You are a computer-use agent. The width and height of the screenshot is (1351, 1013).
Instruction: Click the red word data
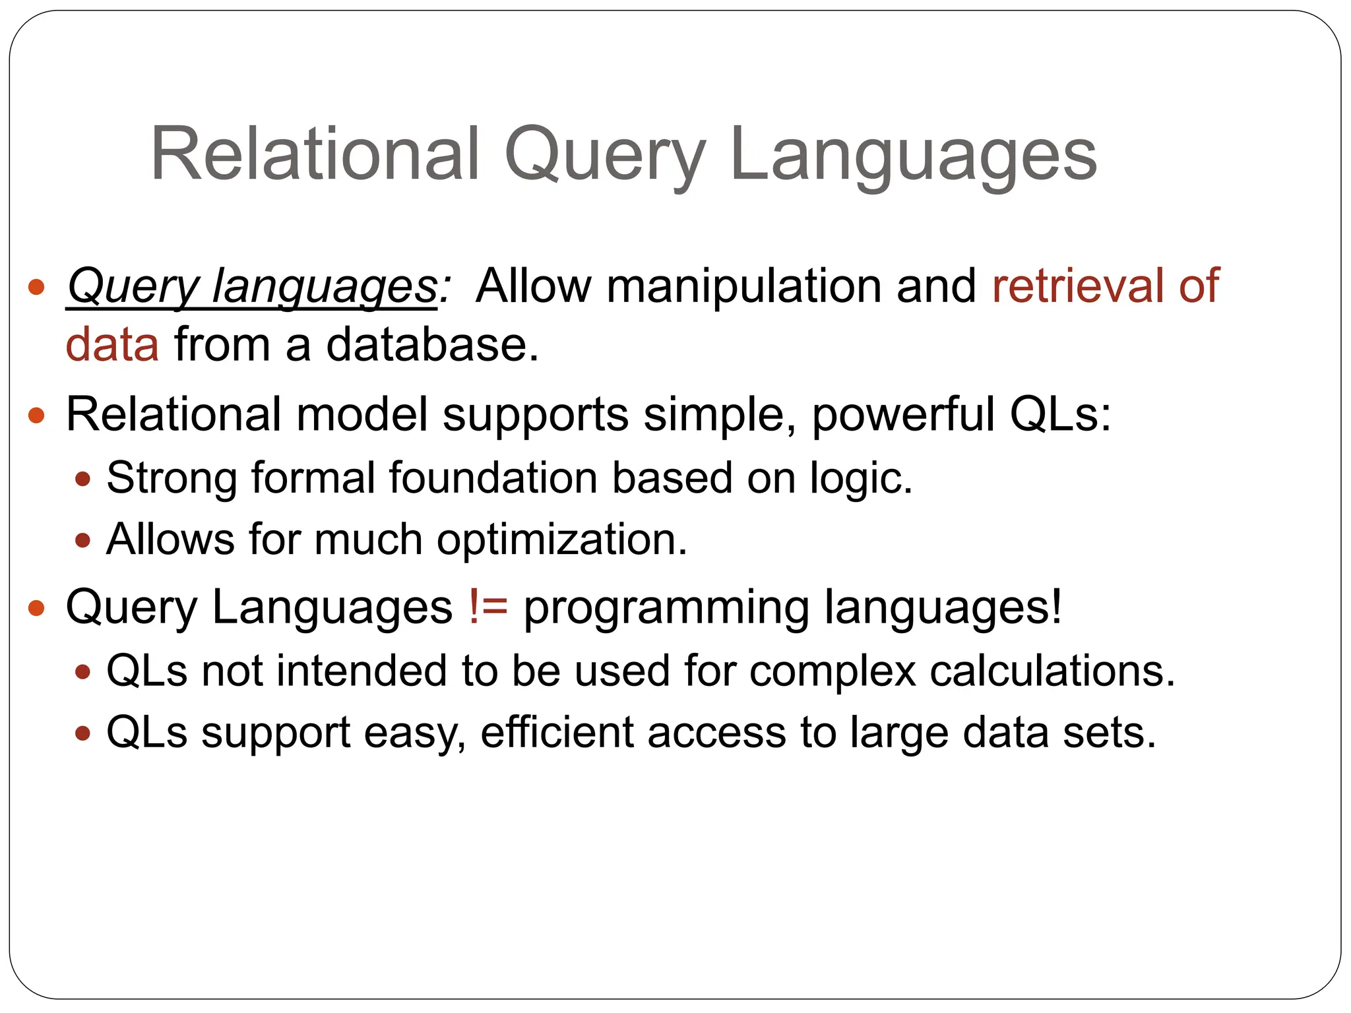[112, 344]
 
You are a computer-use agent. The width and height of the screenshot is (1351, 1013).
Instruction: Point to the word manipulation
[743, 287]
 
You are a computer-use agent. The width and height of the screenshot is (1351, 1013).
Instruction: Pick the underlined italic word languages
[324, 288]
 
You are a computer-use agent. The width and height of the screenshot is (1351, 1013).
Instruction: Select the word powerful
[902, 415]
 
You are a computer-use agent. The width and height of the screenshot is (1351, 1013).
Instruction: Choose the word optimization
[561, 540]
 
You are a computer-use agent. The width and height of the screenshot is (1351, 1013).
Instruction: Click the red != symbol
[488, 607]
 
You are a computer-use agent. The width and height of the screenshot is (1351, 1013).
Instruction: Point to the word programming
[666, 609]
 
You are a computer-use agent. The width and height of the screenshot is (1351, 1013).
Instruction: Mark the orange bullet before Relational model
[36, 415]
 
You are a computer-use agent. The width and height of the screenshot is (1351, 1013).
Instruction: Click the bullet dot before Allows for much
[82, 541]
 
